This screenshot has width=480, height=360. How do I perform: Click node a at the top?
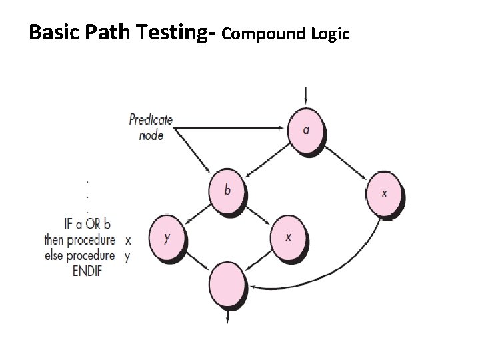[x=306, y=131]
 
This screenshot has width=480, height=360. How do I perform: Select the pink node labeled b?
[x=227, y=190]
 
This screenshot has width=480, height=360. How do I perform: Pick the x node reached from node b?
[x=289, y=237]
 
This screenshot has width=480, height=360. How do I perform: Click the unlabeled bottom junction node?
[x=228, y=284]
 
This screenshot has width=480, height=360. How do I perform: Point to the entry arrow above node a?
[x=305, y=96]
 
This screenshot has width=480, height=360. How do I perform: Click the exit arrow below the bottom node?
[x=227, y=315]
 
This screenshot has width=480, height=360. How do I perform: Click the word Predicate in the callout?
[x=151, y=121]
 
